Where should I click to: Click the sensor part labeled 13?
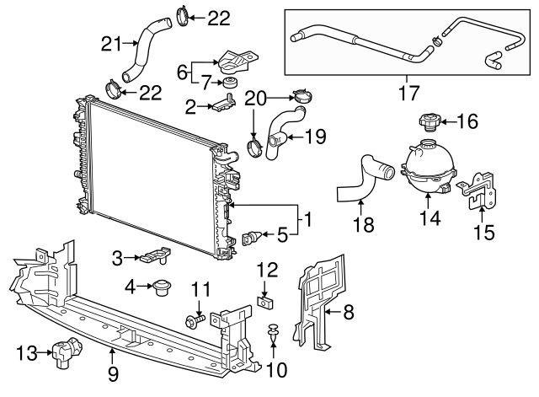coord(63,351)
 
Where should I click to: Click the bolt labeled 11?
coord(195,320)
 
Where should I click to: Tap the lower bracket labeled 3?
coord(157,254)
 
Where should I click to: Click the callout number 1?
coord(308,221)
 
